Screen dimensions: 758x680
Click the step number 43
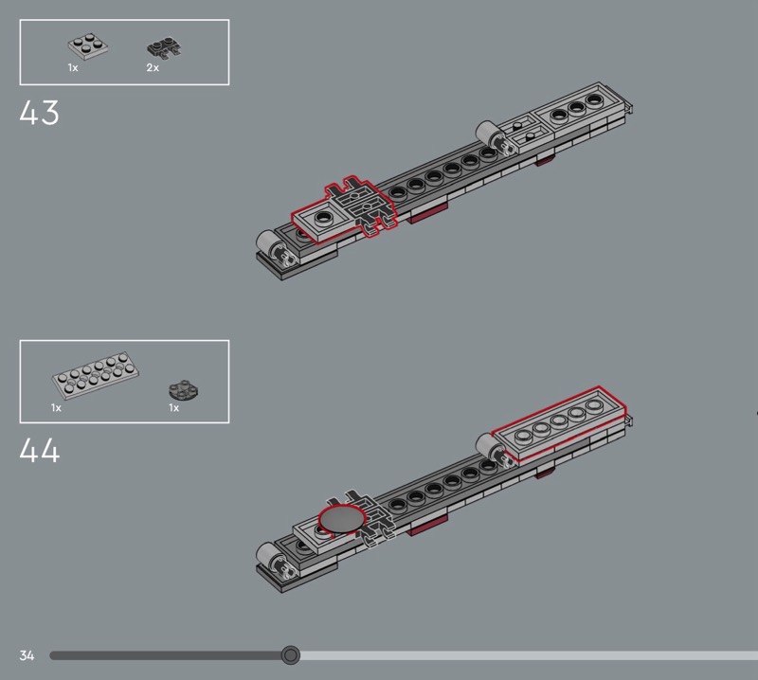click(x=39, y=114)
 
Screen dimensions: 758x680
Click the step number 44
click(x=39, y=450)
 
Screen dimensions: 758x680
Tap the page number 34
click(x=27, y=655)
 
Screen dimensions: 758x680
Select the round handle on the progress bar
click(x=291, y=655)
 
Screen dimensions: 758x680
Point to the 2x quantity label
click(x=153, y=68)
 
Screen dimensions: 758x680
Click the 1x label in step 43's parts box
click(x=73, y=68)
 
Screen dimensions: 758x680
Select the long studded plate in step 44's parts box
click(x=96, y=379)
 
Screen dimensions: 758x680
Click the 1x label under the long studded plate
click(x=57, y=408)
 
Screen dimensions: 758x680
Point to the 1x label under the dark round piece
click(x=174, y=408)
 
